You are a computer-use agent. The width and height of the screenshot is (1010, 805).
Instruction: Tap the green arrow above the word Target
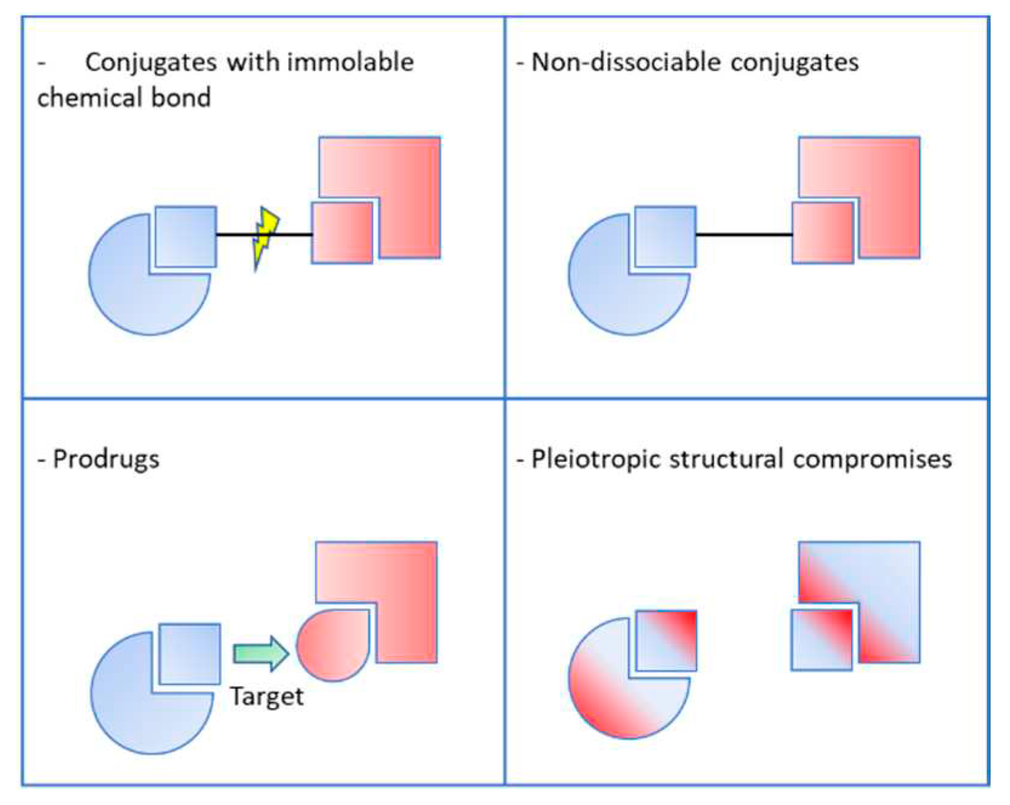261,653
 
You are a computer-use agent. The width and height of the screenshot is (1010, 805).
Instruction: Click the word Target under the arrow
267,696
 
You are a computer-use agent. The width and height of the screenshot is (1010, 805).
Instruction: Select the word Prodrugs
106,459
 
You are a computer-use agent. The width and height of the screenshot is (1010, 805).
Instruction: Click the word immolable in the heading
350,62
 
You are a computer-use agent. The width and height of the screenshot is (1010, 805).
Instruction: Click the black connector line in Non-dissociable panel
744,234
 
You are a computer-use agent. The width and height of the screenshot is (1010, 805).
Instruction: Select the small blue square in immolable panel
186,236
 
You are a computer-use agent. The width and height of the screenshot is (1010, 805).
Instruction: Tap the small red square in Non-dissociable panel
823,233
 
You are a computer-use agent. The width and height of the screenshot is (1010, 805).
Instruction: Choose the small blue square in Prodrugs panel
190,653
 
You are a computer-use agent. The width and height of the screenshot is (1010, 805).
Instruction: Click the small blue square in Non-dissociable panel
666,236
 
